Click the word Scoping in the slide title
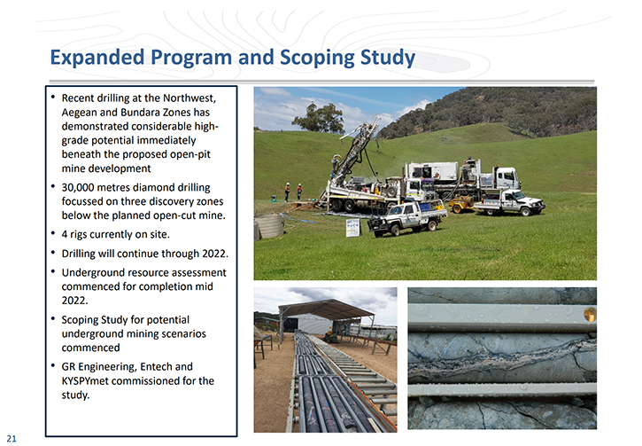pos(317,59)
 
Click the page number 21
pos(12,438)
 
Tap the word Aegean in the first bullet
pos(80,113)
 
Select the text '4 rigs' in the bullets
pos(74,234)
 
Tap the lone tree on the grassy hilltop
pos(320,117)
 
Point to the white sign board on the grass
pos(352,228)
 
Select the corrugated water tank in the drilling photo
pos(269,225)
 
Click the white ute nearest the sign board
pos(406,218)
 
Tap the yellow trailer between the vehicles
pos(461,204)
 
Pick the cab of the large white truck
pos(507,178)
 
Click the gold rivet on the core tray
pos(590,315)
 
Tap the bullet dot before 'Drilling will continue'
pos(53,253)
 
